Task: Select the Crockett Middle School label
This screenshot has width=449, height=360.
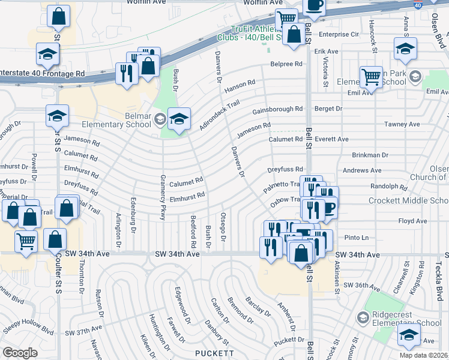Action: pyautogui.click(x=408, y=200)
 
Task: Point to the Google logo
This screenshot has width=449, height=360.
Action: pyautogui.click(x=19, y=352)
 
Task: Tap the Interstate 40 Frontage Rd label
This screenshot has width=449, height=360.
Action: pyautogui.click(x=42, y=74)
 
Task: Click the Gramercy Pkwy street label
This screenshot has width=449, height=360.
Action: pyautogui.click(x=162, y=196)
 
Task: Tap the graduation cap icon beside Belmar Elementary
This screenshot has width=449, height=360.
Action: pyautogui.click(x=179, y=118)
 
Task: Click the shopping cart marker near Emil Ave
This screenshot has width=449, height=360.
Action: pyautogui.click(x=371, y=77)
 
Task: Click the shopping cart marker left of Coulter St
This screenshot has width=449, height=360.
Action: pyautogui.click(x=26, y=240)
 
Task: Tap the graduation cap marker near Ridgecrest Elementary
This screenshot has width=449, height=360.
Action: pyautogui.click(x=409, y=335)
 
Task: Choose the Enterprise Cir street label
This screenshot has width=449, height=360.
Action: pyautogui.click(x=339, y=35)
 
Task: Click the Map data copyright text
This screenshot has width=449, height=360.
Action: pyautogui.click(x=423, y=355)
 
